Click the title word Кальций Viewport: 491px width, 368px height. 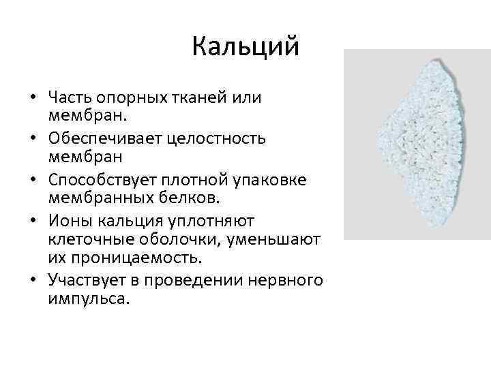pyautogui.click(x=245, y=46)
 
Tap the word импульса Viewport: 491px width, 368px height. pyautogui.click(x=87, y=298)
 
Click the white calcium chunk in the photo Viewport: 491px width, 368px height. pyautogui.click(x=420, y=143)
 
